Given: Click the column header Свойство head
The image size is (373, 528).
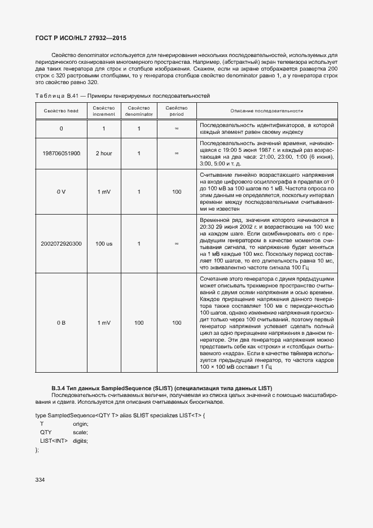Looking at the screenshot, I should (x=61, y=111).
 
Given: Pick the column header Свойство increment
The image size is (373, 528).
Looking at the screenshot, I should (x=104, y=111).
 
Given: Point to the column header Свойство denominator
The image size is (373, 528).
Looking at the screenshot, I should (x=138, y=111).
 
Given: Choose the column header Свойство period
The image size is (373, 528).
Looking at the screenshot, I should (x=177, y=111).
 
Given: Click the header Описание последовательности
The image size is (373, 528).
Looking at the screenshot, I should (x=267, y=111).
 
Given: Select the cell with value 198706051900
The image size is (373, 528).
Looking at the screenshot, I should (x=61, y=153).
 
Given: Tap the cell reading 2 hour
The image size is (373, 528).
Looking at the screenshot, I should (x=104, y=153).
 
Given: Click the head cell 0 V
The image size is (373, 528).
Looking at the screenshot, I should (x=61, y=192).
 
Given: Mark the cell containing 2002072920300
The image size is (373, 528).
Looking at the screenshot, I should (x=61, y=244).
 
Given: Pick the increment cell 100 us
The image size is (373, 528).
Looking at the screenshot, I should (x=104, y=244).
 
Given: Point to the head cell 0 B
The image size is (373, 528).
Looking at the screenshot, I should (x=61, y=323).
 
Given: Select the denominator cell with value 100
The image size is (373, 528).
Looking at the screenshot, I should (x=138, y=323).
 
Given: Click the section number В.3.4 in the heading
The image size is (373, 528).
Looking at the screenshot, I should (x=58, y=388).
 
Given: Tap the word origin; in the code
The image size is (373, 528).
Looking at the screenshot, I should (x=81, y=424).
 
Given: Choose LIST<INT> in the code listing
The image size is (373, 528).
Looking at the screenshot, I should (x=53, y=440).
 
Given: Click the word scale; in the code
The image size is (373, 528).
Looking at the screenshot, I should (x=80, y=432).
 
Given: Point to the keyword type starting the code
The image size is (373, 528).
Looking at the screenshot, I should (x=41, y=415).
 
